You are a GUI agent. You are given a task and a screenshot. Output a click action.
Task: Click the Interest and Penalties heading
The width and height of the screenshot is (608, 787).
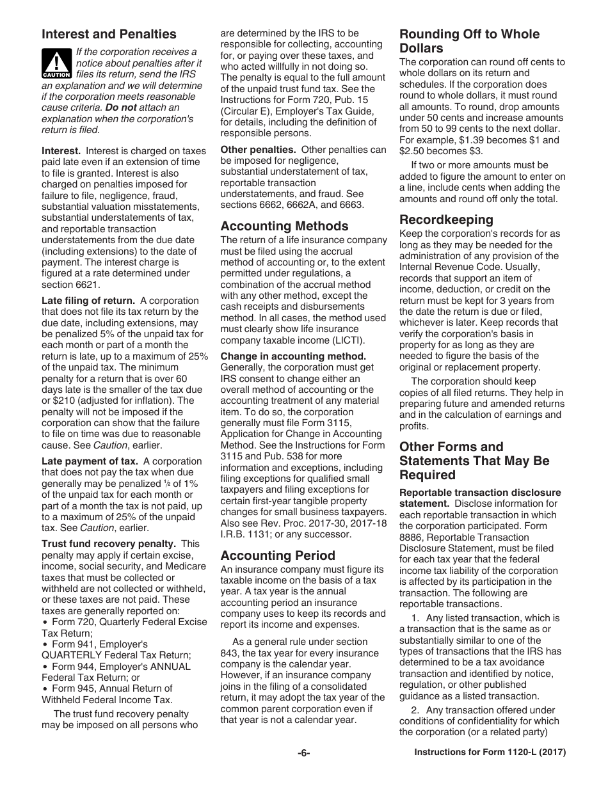(109, 35)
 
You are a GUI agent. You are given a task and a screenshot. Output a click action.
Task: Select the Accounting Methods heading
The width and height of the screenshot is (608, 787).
(284, 226)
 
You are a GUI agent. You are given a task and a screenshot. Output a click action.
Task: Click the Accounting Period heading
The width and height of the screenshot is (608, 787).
(278, 555)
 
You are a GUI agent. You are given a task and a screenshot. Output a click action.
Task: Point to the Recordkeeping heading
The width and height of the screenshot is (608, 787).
(446, 219)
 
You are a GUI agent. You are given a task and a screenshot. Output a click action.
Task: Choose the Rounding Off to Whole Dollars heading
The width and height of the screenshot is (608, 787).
(469, 41)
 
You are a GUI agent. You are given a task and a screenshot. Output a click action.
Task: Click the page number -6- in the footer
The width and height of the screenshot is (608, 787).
(303, 753)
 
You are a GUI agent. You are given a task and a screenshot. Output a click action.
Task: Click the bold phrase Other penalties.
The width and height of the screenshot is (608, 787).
(258, 149)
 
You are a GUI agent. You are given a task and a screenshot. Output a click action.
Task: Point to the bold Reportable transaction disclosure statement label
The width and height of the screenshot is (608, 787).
(480, 498)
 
